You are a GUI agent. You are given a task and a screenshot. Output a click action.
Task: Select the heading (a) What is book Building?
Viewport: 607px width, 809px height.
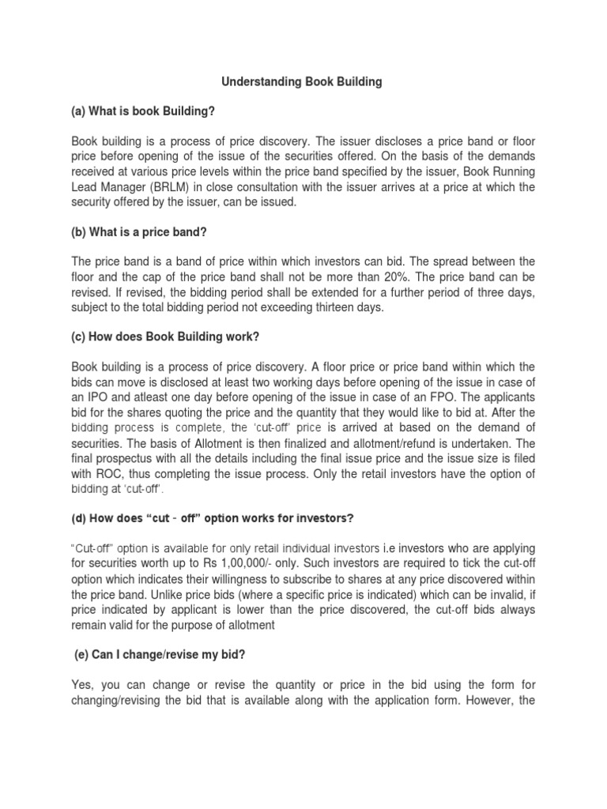tap(143, 112)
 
